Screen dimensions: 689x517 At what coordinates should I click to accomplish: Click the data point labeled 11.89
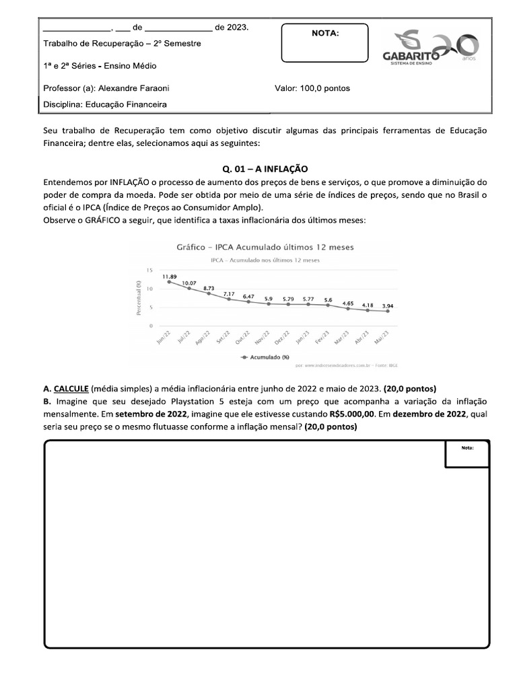pyautogui.click(x=169, y=282)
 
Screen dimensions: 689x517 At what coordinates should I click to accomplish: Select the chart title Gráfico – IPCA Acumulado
pyautogui.click(x=265, y=247)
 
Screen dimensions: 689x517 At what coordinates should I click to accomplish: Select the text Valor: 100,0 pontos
pyautogui.click(x=312, y=88)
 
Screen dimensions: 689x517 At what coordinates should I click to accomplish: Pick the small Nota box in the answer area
pyautogui.click(x=467, y=454)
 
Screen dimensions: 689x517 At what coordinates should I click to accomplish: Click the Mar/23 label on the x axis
pyautogui.click(x=342, y=336)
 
